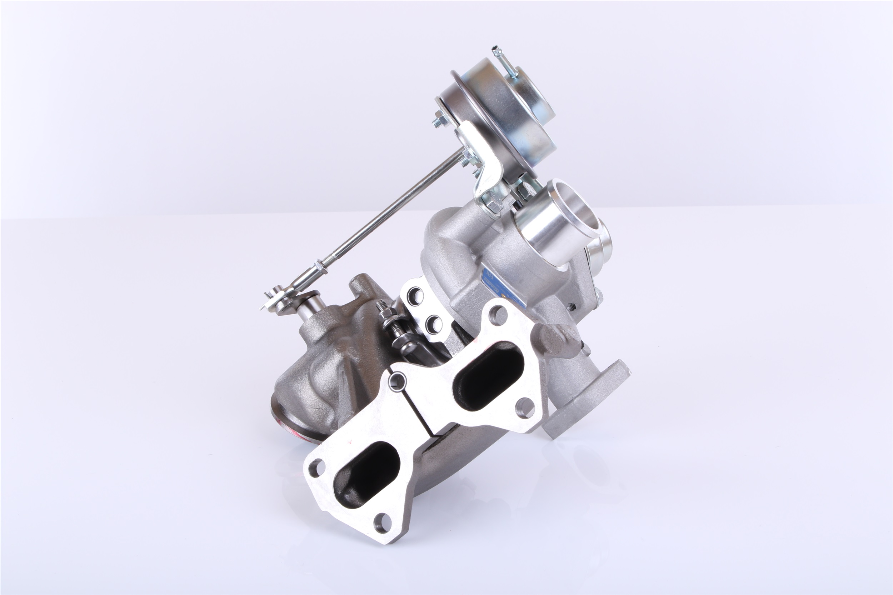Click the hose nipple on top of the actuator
click(496, 51)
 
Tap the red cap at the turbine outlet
click(304, 436)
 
